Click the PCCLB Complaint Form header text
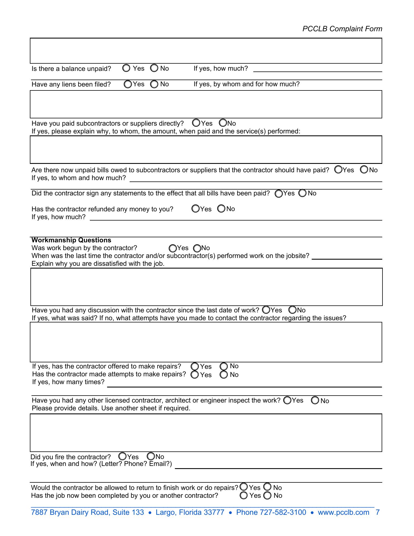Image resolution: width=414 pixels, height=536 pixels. [x=342, y=29]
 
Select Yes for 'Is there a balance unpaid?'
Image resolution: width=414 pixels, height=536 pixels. [x=126, y=68]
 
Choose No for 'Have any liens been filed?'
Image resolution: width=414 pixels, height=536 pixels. [x=154, y=84]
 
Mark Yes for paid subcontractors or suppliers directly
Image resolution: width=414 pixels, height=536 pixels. [x=196, y=123]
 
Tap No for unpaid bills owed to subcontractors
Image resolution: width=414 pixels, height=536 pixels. [x=364, y=169]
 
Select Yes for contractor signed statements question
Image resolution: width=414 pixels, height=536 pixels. [x=279, y=194]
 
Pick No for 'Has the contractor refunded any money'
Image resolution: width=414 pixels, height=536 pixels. [x=221, y=209]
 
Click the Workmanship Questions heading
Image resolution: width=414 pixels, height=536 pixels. [x=71, y=240]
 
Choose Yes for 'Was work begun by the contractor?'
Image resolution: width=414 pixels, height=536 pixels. [x=173, y=248]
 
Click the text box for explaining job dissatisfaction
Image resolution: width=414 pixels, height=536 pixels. [x=206, y=287]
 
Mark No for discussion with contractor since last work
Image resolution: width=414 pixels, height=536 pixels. [x=292, y=310]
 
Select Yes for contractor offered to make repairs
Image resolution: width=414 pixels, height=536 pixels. [x=195, y=366]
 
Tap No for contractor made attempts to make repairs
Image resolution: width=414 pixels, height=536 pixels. [x=224, y=375]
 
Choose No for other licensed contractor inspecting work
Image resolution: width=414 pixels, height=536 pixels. [x=315, y=400]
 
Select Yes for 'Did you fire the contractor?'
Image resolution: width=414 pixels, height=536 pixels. [x=122, y=456]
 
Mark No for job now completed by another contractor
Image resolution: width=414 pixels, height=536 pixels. [x=268, y=496]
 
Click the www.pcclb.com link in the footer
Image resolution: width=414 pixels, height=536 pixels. [x=343, y=512]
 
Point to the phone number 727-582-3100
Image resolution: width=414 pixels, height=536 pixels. [x=283, y=512]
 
